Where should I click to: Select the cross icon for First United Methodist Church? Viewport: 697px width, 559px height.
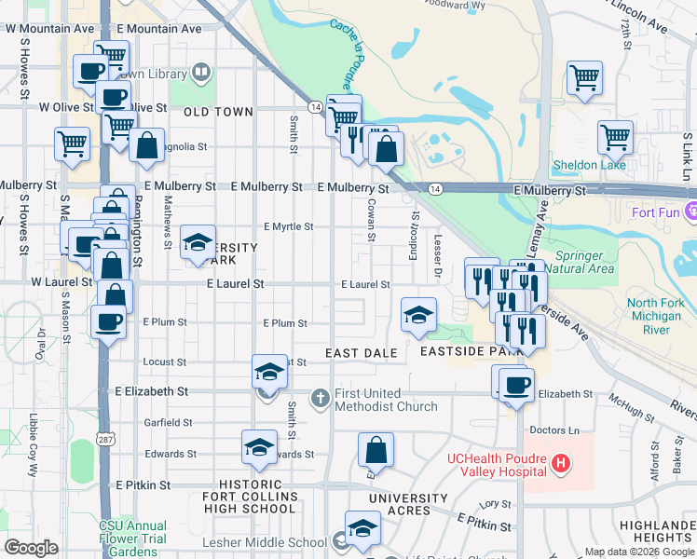click(x=320, y=399)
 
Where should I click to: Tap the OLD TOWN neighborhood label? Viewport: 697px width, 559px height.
click(x=218, y=112)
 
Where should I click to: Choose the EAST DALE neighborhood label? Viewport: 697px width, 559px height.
click(x=362, y=353)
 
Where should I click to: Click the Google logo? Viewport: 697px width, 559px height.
click(x=32, y=548)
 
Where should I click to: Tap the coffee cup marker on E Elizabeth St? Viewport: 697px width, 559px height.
click(x=516, y=384)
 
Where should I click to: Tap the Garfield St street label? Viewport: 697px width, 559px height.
click(x=169, y=422)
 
